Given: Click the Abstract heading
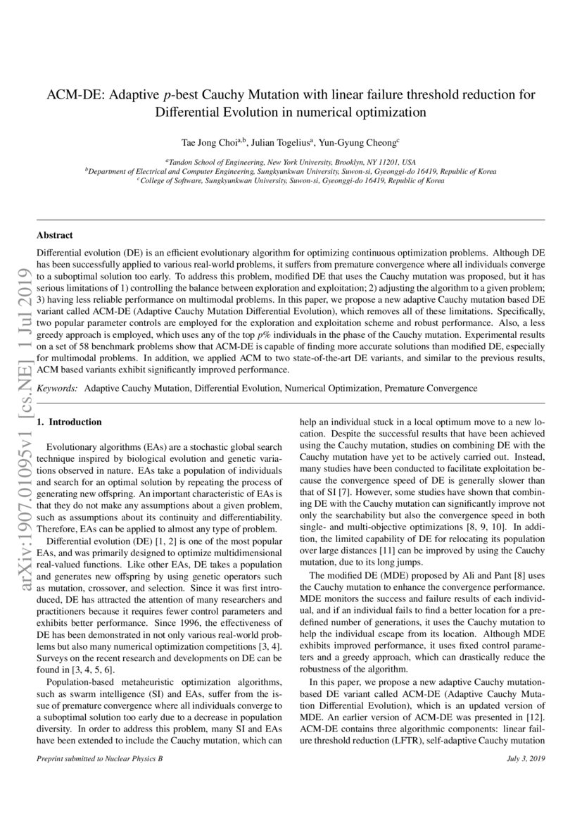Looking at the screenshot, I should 55,235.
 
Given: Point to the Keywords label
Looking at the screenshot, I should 57,388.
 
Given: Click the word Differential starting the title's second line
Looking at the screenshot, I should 186,111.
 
